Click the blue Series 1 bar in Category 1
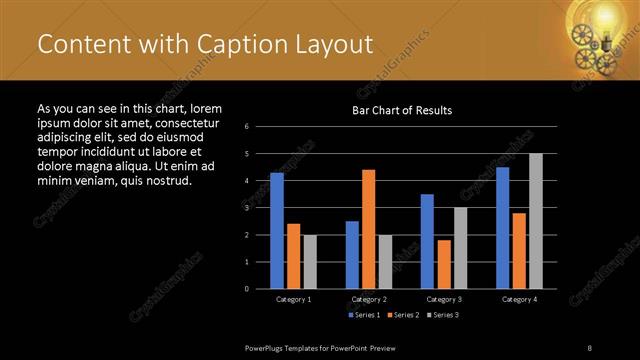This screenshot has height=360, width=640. (277, 230)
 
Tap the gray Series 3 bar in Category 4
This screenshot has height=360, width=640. (535, 221)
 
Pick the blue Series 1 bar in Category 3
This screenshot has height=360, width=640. (427, 241)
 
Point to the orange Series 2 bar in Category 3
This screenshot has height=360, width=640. (444, 264)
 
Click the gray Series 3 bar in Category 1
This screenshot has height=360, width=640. (310, 261)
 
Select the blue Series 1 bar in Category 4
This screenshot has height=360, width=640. (502, 227)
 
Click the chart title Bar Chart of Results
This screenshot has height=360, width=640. (402, 110)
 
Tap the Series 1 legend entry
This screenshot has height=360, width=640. (363, 315)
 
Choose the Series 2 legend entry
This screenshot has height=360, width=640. (403, 315)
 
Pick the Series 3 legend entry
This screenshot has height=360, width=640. (443, 315)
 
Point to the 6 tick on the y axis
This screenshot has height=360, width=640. (260, 127)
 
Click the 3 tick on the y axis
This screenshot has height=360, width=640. (260, 208)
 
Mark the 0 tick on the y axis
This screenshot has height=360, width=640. (260, 289)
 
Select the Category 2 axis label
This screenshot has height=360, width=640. (369, 299)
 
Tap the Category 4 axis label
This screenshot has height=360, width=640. (518, 299)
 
